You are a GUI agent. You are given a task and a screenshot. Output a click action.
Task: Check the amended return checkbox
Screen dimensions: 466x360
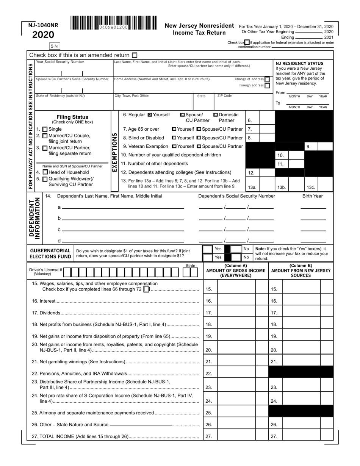tap(135, 55)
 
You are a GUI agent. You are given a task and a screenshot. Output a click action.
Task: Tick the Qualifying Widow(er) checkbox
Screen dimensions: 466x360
tap(45, 179)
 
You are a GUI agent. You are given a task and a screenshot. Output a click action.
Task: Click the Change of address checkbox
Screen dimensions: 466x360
tap(267, 79)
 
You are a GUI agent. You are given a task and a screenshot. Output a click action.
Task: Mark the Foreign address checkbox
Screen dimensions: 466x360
tap(267, 86)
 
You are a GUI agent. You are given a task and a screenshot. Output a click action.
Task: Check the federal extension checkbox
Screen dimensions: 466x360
tap(247, 42)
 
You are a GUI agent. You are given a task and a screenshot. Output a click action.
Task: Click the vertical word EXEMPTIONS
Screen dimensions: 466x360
tap(114, 152)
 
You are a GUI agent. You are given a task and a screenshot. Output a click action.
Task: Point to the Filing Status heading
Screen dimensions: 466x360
tap(72, 117)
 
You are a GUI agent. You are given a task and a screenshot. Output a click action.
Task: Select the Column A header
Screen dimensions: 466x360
tap(235, 271)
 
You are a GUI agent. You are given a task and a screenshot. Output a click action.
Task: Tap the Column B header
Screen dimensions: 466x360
tap(301, 271)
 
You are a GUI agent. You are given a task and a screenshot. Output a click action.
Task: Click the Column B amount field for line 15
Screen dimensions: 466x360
tap(301, 289)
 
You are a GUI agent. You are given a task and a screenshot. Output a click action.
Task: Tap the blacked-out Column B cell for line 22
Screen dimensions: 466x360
tap(301, 373)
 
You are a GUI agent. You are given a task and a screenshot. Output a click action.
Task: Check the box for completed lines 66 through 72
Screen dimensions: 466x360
tap(147, 289)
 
